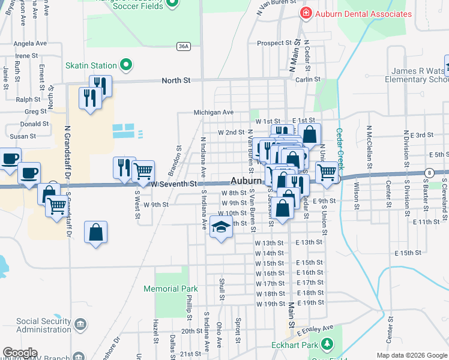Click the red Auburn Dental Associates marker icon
point(306,13)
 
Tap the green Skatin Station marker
point(125,65)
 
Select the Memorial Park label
point(170,289)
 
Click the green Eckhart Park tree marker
point(327,344)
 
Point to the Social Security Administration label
point(44,325)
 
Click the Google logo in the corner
point(20,353)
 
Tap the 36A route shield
point(184,45)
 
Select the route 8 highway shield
point(429,173)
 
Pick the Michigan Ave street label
point(213,112)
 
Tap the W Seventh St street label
point(173,184)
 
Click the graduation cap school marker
point(221,228)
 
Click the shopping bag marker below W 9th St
point(96,232)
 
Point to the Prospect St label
point(274,43)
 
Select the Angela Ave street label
point(30,44)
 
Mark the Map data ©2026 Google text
point(412,355)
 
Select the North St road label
point(176,80)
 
